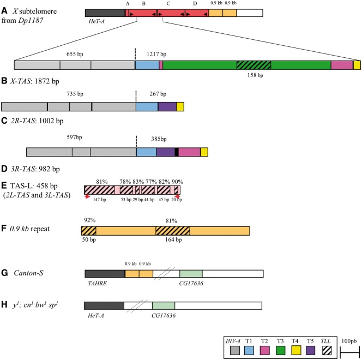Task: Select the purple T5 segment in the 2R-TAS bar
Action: coord(167,107)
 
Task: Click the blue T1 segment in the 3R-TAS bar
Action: coord(146,153)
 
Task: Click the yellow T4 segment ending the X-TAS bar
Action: coord(357,65)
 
